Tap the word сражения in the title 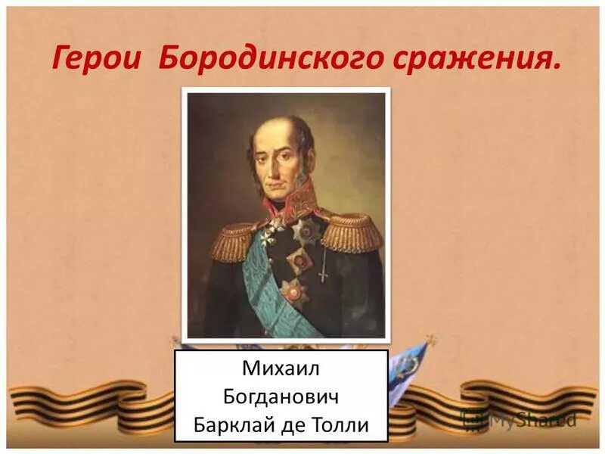[481, 59]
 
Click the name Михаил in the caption [281, 368]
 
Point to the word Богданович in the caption [281, 396]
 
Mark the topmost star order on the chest [306, 231]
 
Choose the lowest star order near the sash [293, 291]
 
